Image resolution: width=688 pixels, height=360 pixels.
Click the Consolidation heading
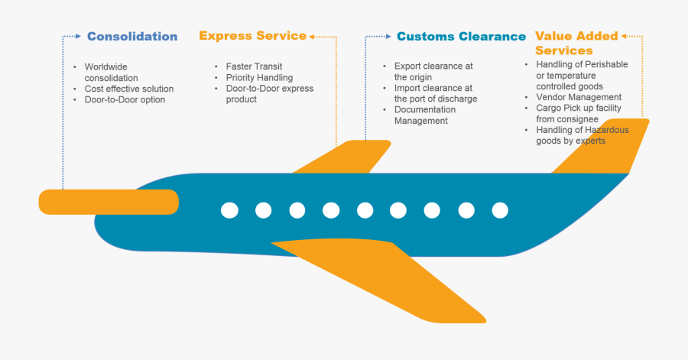pyautogui.click(x=132, y=36)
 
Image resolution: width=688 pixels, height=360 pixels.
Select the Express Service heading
pyautogui.click(x=252, y=36)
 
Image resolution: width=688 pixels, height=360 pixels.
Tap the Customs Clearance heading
pyautogui.click(x=461, y=36)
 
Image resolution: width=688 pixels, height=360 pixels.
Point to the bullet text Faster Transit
pyautogui.click(x=254, y=66)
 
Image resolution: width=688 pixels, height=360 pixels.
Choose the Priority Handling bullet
pyautogui.click(x=259, y=77)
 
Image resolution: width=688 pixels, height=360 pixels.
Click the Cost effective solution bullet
pyautogui.click(x=129, y=89)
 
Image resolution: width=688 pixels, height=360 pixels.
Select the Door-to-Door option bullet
pyautogui.click(x=125, y=99)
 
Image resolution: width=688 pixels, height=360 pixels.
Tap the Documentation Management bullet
pyautogui.click(x=426, y=115)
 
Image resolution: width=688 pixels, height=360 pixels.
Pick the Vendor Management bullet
pyautogui.click(x=579, y=97)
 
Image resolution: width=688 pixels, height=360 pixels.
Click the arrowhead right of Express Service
pyautogui.click(x=313, y=36)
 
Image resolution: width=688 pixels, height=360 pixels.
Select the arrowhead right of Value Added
pyautogui.click(x=625, y=36)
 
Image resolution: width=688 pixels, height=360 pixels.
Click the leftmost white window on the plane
pyautogui.click(x=229, y=209)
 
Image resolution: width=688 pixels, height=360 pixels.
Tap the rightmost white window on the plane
pyautogui.click(x=500, y=209)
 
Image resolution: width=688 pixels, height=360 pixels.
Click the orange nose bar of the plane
pyautogui.click(x=108, y=202)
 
